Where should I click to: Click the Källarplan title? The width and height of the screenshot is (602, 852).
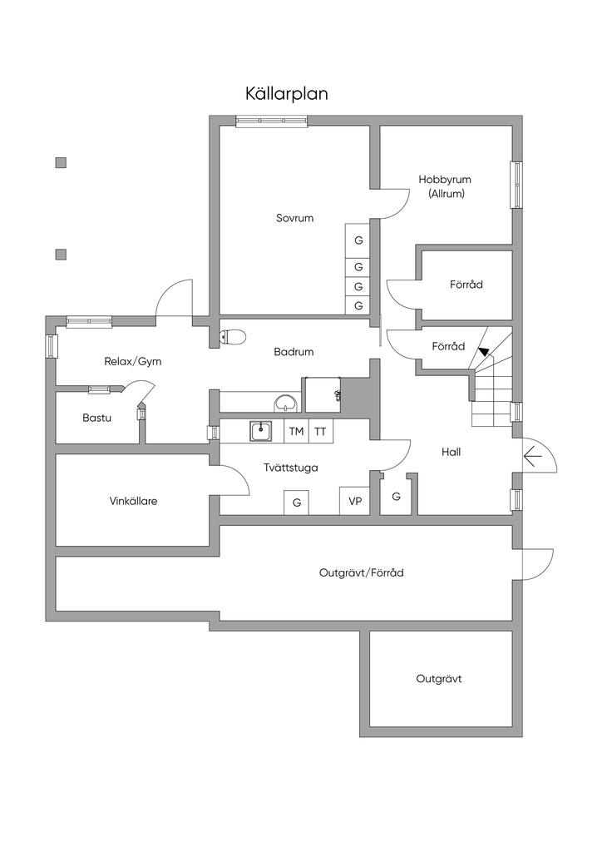tap(287, 93)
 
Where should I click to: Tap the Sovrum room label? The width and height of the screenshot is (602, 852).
tap(294, 218)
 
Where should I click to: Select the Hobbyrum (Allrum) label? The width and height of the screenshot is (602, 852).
tap(445, 186)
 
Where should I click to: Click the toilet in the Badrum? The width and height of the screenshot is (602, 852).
tap(234, 336)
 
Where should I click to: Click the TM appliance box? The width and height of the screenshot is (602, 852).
tap(296, 431)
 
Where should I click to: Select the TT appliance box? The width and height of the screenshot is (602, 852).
tap(320, 431)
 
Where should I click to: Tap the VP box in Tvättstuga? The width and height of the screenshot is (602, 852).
tap(355, 501)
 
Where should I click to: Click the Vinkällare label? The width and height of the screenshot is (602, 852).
tap(133, 501)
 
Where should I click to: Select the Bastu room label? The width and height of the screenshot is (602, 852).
tap(96, 418)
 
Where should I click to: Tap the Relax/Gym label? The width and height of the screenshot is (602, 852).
tap(132, 361)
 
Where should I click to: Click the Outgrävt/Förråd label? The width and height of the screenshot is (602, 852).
tap(362, 572)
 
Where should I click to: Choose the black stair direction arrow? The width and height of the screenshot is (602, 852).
tap(483, 351)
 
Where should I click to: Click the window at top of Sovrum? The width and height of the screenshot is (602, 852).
tap(272, 121)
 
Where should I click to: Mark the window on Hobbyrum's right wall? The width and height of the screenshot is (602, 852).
tap(516, 185)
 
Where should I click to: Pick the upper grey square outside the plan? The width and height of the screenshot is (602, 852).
tap(61, 162)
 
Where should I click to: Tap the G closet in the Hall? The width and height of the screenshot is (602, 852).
tap(397, 497)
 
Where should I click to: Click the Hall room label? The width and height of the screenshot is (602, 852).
tap(451, 452)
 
